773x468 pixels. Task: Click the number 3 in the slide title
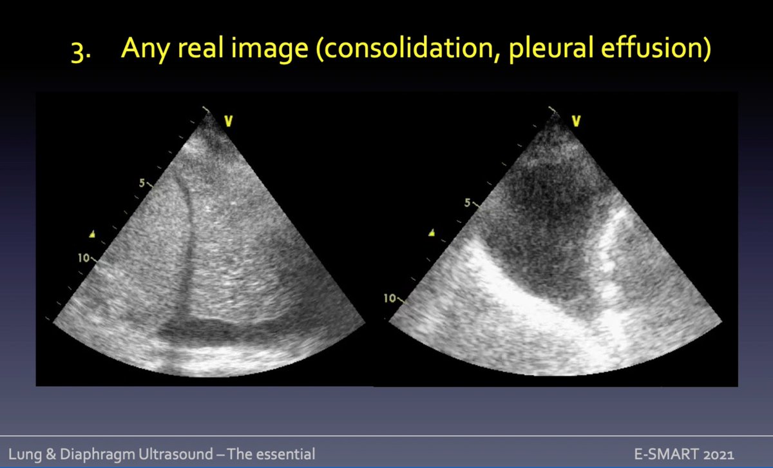[77, 52]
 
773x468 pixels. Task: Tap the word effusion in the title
[653, 50]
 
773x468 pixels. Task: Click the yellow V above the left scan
[228, 120]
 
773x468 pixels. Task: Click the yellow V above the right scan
[576, 120]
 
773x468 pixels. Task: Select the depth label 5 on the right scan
[468, 203]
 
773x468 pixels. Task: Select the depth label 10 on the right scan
[390, 298]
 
